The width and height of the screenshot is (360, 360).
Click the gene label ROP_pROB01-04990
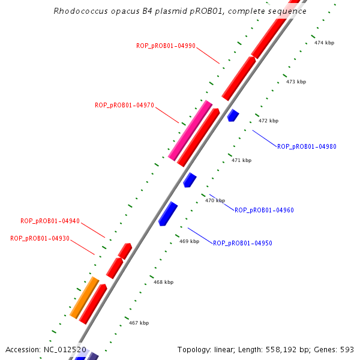[166, 46]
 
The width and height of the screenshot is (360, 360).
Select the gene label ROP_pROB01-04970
[124, 105]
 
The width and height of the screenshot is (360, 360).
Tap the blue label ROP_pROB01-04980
[307, 146]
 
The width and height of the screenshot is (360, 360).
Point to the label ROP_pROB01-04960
[264, 210]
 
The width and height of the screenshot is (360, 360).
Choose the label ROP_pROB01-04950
[242, 243]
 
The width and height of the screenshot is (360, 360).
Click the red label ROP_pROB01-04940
[50, 221]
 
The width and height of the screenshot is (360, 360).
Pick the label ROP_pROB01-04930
[40, 238]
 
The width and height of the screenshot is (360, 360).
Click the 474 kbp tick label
[324, 43]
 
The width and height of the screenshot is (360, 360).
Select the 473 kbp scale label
[296, 82]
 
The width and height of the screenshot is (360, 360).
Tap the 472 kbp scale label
[268, 121]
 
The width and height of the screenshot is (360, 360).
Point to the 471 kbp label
[241, 160]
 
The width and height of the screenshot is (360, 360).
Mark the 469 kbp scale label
[189, 241]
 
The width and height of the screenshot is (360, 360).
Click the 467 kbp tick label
[139, 323]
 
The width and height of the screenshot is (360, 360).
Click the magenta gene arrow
[190, 130]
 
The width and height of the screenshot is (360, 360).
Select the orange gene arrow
[84, 297]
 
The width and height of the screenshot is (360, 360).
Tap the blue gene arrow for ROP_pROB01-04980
[233, 115]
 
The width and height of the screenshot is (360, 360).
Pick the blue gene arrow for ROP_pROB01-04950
[167, 214]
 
